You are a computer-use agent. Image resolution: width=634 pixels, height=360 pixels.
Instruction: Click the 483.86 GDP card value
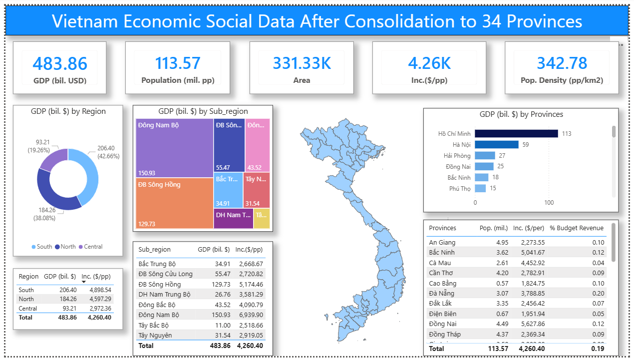click(x=60, y=63)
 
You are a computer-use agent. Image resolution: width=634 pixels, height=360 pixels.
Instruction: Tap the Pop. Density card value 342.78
click(x=562, y=63)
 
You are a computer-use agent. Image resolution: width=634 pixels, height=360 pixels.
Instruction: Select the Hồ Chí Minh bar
click(x=516, y=133)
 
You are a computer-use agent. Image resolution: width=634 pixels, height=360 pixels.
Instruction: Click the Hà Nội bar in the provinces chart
click(x=490, y=145)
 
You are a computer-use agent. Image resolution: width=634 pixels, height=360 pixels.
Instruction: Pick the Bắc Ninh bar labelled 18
click(x=481, y=177)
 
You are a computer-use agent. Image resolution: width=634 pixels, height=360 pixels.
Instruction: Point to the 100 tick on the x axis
click(x=549, y=203)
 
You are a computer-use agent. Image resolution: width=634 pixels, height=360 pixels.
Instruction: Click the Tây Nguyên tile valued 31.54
click(x=257, y=190)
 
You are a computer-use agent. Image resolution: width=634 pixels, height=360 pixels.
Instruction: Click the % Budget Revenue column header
click(x=577, y=228)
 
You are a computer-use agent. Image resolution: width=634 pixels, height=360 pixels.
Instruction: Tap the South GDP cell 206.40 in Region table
click(x=68, y=290)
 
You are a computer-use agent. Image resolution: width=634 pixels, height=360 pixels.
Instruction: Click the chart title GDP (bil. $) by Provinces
click(x=521, y=114)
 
